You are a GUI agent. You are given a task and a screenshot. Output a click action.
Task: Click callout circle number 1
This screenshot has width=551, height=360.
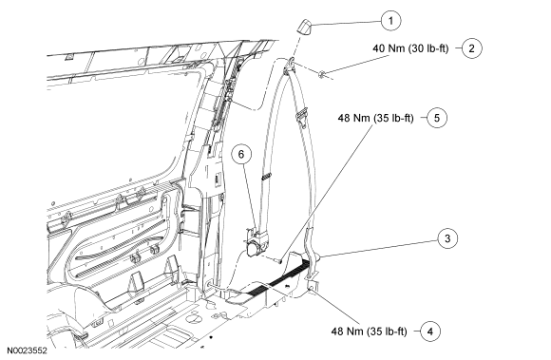coord(390,21)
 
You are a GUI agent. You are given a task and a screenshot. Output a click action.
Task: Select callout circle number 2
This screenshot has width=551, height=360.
coord(471,48)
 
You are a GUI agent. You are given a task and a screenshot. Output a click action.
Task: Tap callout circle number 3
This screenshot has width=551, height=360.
coord(447,238)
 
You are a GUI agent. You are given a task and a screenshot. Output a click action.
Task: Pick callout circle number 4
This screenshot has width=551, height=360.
coord(430,332)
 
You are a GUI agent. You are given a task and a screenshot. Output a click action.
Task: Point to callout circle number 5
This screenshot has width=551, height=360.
coord(437,118)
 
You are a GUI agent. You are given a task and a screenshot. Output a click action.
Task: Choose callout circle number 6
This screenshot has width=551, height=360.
coord(241,154)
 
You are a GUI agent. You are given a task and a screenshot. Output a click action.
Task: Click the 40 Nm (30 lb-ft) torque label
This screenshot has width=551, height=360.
coord(410,48)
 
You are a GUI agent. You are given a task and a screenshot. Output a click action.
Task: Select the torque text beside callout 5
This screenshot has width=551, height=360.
coord(375,118)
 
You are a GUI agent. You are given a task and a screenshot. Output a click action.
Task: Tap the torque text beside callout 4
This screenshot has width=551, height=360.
coord(369,332)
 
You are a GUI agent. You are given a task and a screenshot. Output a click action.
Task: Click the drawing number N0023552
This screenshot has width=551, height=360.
coord(28,351)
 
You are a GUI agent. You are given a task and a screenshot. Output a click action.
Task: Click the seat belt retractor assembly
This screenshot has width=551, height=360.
coord(256,243)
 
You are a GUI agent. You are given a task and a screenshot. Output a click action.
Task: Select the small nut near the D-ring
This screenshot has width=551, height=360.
coord(321,74)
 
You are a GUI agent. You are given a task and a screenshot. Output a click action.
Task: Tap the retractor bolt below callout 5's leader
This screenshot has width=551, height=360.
coord(277,260)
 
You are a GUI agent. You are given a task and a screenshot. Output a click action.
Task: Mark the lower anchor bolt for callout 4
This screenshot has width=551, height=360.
coord(311,289)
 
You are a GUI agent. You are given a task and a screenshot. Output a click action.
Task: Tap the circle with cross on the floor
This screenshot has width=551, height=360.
coord(192,318)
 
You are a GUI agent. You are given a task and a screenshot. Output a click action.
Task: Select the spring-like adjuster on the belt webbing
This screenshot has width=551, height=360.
coord(267,177)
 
